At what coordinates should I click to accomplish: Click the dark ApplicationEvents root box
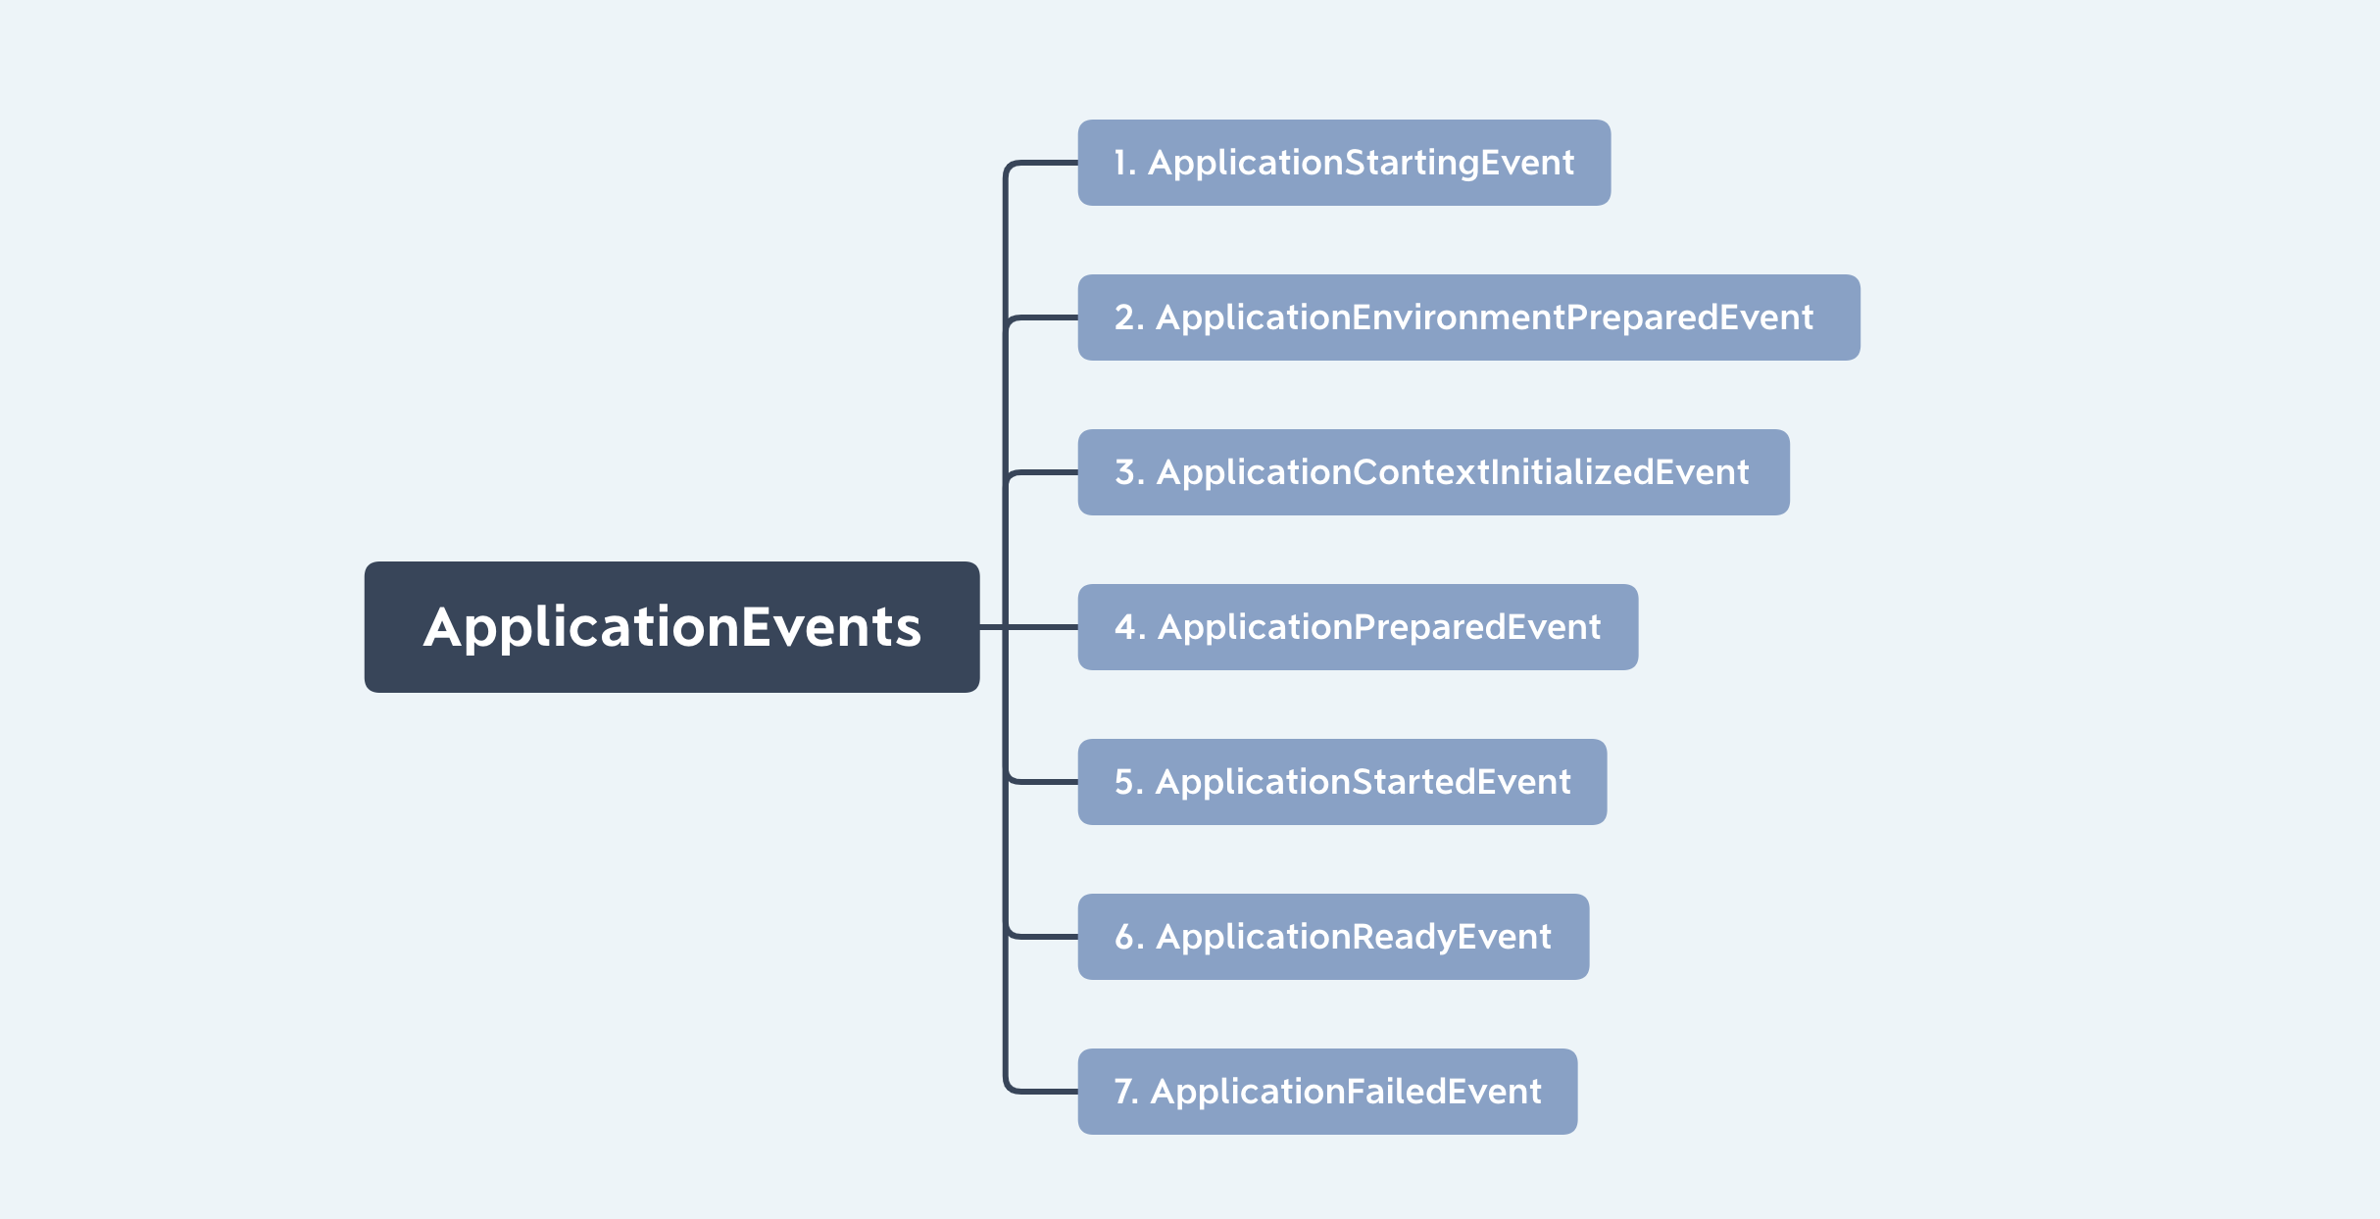671,627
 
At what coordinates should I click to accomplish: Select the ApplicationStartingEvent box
1344,163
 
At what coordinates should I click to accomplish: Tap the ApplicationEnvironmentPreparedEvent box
1468,317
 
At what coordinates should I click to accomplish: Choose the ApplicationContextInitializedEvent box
1433,472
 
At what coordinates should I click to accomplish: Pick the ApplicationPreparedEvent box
1358,627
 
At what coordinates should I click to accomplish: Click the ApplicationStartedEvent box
1342,782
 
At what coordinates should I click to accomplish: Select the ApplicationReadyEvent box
1333,937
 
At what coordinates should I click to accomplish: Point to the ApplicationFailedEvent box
1327,1092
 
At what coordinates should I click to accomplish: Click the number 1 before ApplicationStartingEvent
1120,163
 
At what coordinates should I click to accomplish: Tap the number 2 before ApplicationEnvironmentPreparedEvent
1124,317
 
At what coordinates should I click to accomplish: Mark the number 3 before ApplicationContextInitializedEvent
1124,472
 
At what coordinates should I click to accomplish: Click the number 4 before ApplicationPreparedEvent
1125,627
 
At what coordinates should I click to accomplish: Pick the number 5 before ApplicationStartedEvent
1124,782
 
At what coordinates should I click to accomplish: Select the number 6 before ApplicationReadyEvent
1125,937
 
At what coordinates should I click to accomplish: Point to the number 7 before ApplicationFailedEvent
1123,1092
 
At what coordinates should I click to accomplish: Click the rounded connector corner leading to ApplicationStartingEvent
1010,167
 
